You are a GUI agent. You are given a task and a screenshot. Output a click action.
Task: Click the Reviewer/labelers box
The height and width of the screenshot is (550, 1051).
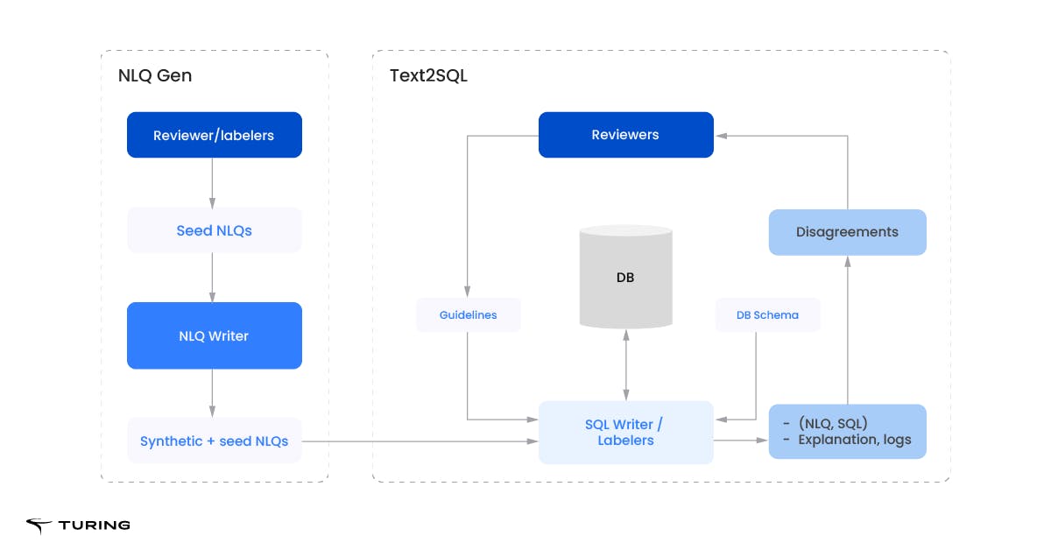coord(214,135)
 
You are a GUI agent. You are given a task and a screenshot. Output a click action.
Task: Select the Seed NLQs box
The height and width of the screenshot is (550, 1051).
coord(214,230)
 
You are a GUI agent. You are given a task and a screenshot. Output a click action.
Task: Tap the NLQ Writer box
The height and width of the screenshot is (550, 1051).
coord(214,335)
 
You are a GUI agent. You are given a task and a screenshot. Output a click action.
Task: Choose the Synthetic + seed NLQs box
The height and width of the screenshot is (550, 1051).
coord(214,441)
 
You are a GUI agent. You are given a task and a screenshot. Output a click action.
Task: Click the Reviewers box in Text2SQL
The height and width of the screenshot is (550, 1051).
coord(625,135)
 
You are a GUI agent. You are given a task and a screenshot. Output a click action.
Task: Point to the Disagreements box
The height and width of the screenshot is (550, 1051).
coord(847,232)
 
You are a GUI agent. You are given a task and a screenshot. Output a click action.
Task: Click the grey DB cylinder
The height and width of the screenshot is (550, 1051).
coord(625,277)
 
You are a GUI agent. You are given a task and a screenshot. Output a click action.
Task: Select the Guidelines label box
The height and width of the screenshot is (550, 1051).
coord(468,314)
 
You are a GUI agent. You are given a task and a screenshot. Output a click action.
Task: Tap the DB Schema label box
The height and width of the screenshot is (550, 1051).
coord(767,314)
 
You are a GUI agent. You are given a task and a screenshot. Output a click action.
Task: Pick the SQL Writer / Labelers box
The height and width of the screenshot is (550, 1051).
coord(625,432)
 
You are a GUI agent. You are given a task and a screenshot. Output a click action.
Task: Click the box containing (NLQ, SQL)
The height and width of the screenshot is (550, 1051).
coord(847,432)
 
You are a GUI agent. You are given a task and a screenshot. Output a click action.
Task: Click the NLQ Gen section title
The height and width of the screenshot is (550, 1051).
coord(155,76)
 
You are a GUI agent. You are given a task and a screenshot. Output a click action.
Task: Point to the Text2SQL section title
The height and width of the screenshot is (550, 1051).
coord(428,76)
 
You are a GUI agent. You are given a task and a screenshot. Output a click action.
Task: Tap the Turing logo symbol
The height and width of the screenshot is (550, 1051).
coord(39,525)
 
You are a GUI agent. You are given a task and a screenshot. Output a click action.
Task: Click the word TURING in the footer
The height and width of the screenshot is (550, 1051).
coord(95,525)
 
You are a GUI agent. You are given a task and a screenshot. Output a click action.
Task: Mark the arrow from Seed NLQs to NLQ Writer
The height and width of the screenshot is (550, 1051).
coord(213,278)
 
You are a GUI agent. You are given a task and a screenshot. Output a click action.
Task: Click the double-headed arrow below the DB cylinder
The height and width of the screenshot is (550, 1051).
coord(625,366)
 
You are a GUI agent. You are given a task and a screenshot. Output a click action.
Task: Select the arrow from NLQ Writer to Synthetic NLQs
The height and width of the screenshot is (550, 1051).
coord(213,392)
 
